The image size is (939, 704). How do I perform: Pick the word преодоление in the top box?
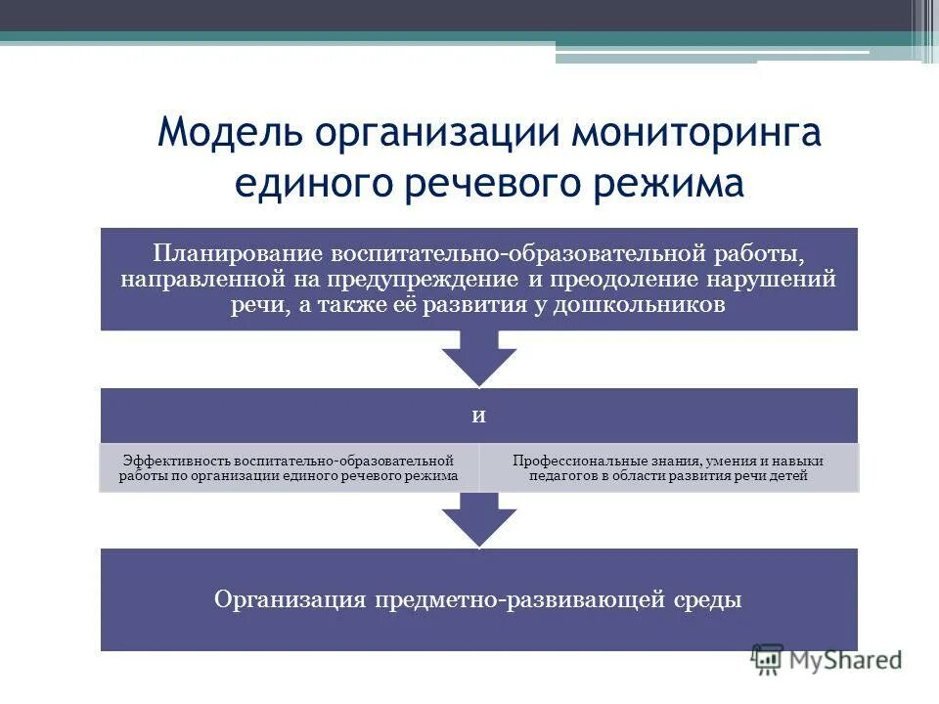point(635,280)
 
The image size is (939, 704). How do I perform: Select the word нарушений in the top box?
point(778,280)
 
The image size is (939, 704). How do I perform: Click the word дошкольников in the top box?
point(642,305)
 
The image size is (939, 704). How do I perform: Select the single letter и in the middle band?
point(479,415)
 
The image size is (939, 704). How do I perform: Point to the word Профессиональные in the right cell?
point(577,461)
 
